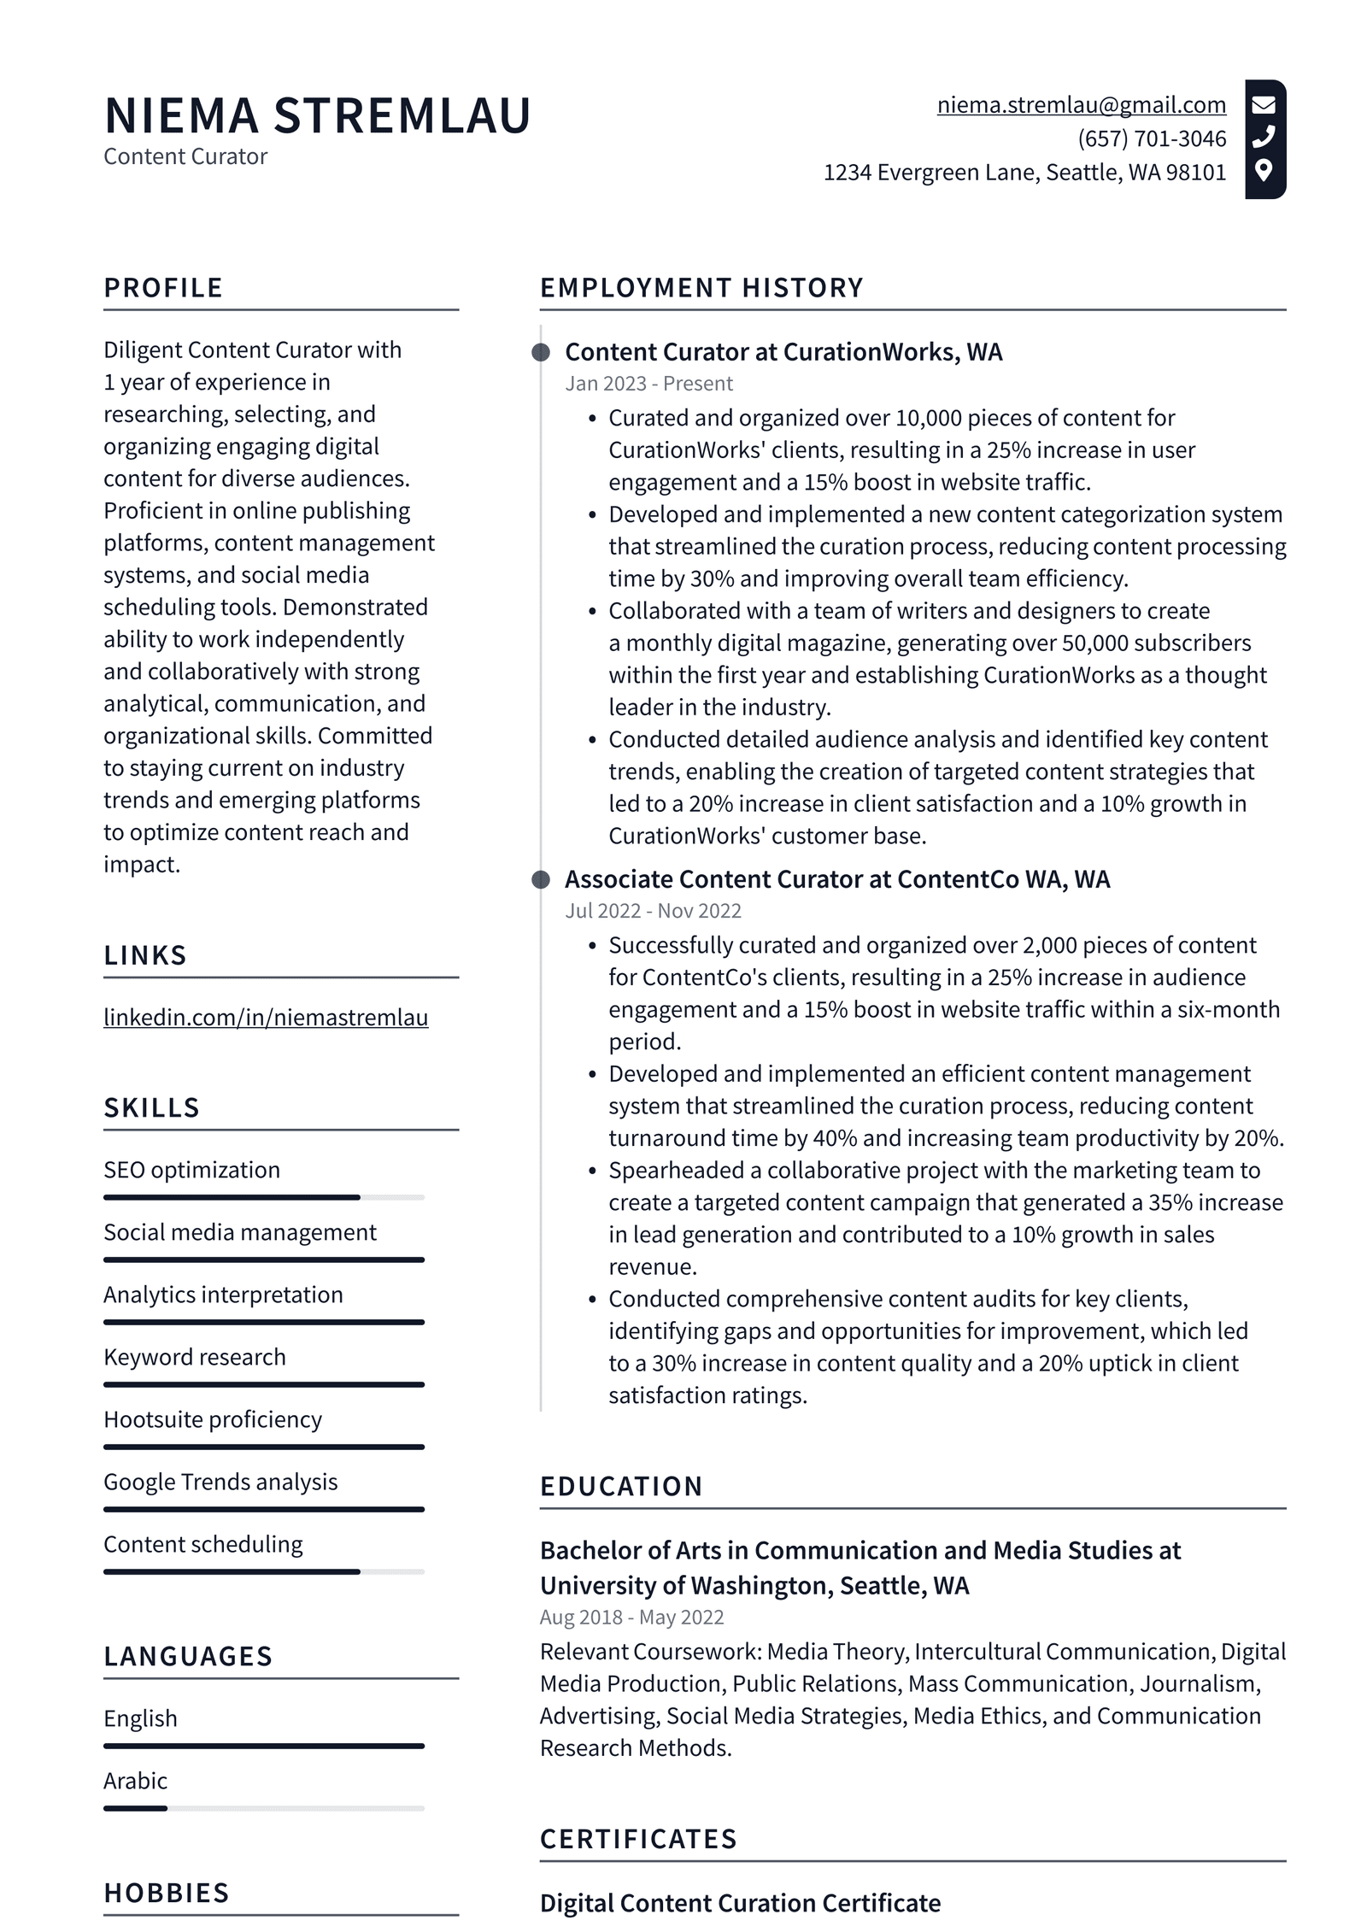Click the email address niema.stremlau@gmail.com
pyautogui.click(x=1081, y=105)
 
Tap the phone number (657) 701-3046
pyautogui.click(x=1151, y=138)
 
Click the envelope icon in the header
pyautogui.click(x=1264, y=105)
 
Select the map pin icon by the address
pyautogui.click(x=1264, y=170)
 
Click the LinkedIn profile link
pyautogui.click(x=266, y=1017)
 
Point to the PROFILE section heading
pyautogui.click(x=163, y=287)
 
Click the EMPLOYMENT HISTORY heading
pyautogui.click(x=701, y=287)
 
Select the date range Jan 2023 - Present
pyautogui.click(x=648, y=384)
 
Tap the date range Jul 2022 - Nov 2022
pyautogui.click(x=653, y=911)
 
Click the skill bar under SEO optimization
pyautogui.click(x=263, y=1197)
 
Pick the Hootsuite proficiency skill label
pyautogui.click(x=213, y=1419)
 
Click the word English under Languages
pyautogui.click(x=140, y=1718)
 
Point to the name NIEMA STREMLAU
pyautogui.click(x=317, y=115)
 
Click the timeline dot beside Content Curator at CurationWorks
pyautogui.click(x=541, y=352)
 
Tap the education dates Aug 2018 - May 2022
pyautogui.click(x=631, y=1617)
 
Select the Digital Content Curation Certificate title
pyautogui.click(x=740, y=1903)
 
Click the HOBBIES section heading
pyautogui.click(x=167, y=1893)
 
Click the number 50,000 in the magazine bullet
pyautogui.click(x=1095, y=643)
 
